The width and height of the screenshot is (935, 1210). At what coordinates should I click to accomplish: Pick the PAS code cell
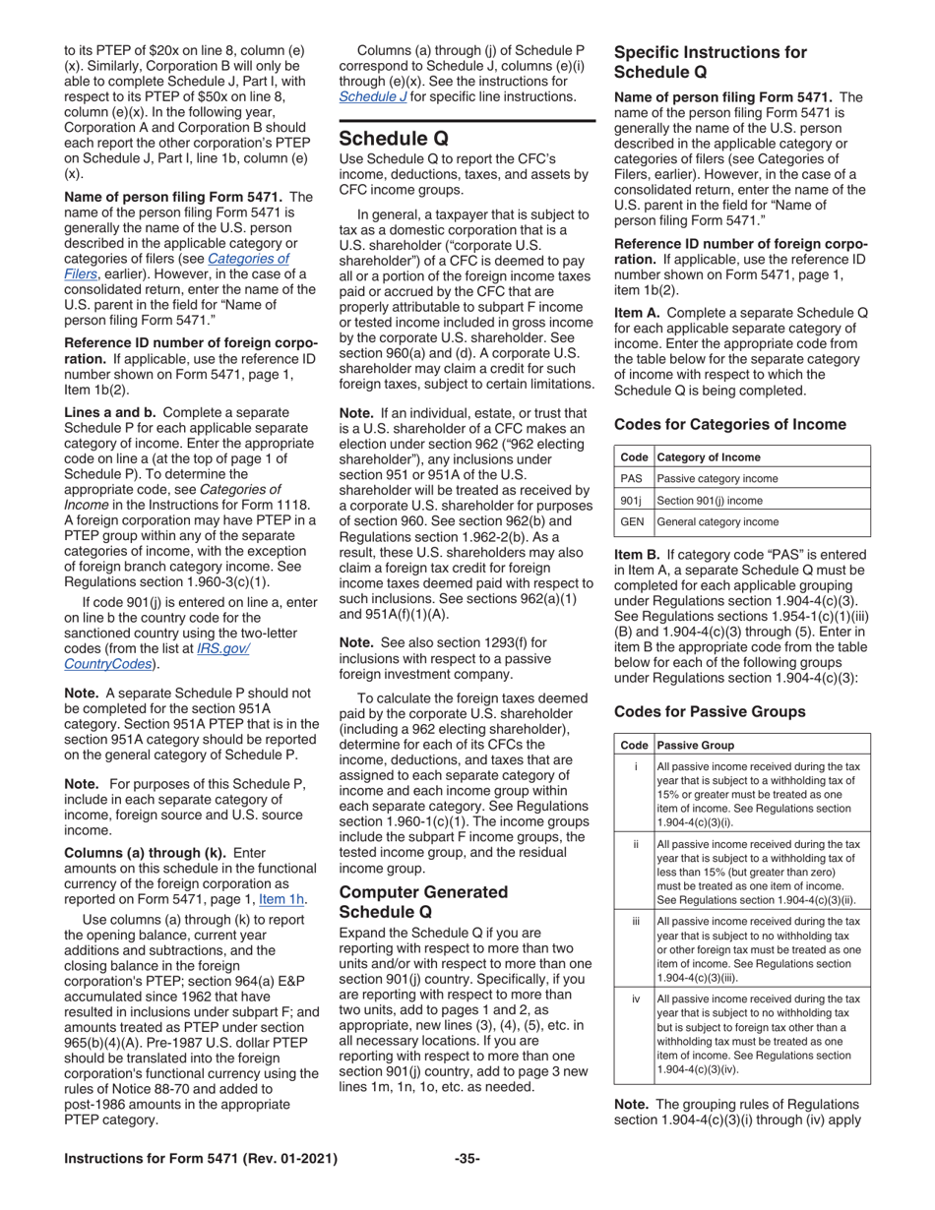click(x=632, y=478)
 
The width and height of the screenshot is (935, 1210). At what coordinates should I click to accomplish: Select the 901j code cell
click(x=632, y=500)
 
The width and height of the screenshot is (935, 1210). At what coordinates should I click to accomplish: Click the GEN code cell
click(x=632, y=521)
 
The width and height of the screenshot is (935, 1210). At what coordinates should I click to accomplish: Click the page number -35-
click(x=467, y=1158)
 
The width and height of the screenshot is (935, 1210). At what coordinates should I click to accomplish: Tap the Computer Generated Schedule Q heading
click(x=423, y=902)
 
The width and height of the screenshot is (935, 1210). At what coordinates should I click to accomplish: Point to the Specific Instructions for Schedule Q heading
click(x=710, y=62)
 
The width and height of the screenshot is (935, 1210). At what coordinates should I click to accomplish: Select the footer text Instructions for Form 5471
click(x=201, y=1158)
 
